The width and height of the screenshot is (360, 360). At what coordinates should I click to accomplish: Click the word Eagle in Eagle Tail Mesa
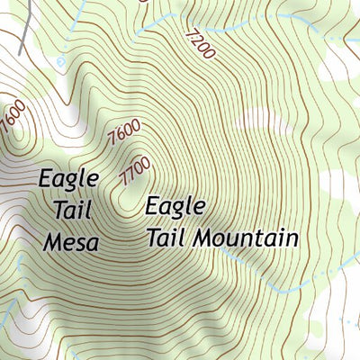[x=68, y=180]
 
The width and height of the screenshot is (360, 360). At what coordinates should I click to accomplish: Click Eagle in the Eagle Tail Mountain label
[x=176, y=208]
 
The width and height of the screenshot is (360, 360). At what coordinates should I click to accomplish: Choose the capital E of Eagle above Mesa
[x=46, y=179]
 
